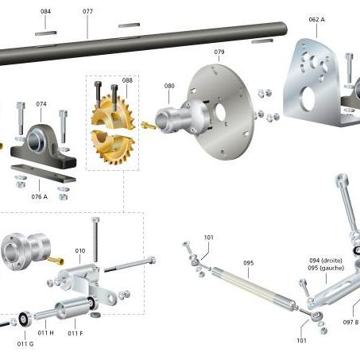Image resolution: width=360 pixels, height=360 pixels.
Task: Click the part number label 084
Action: pos(45,11)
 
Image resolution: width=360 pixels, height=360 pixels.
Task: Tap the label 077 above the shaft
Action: pos(87,11)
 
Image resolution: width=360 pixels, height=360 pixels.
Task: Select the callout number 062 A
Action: pos(316,20)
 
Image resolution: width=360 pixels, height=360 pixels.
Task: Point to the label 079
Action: pos(219,52)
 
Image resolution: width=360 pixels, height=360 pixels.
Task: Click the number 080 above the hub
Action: pos(169,86)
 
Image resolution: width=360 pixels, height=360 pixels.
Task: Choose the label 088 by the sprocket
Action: pos(127,80)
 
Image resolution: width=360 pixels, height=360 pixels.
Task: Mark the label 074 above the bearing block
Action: pos(41,104)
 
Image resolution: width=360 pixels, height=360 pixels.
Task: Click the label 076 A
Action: pos(39,196)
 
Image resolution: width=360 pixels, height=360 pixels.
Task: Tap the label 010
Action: pos(80,250)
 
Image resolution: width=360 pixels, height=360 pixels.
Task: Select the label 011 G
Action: pos(25,344)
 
